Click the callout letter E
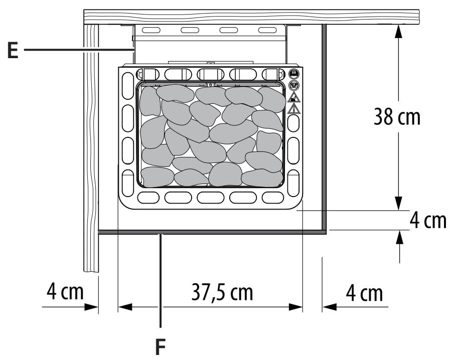pyautogui.click(x=13, y=50)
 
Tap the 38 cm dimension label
pyautogui.click(x=397, y=117)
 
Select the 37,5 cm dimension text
pyautogui.click(x=222, y=292)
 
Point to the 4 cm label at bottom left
pyautogui.click(x=65, y=291)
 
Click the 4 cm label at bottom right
pyautogui.click(x=364, y=293)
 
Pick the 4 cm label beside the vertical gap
pyautogui.click(x=428, y=221)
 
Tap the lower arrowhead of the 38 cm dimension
pyautogui.click(x=398, y=204)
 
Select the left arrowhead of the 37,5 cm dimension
pyautogui.click(x=125, y=307)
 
